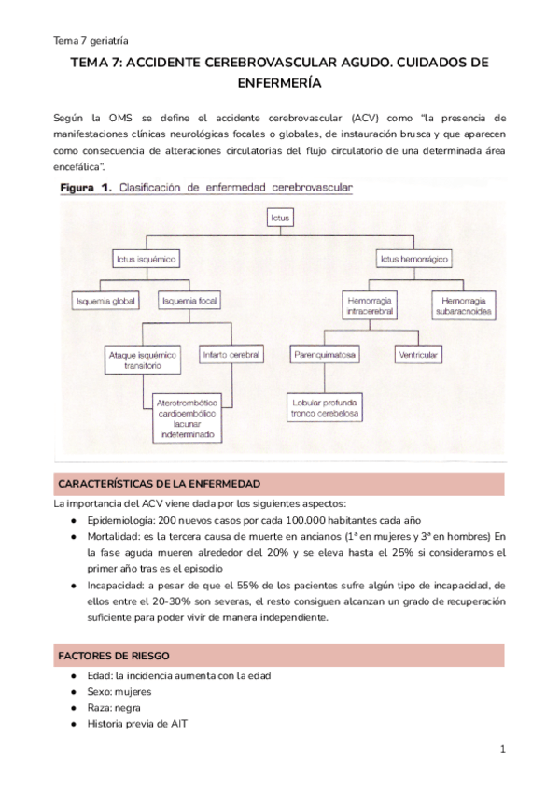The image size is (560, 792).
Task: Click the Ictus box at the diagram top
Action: coord(280,219)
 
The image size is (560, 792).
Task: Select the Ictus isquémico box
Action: coord(147,257)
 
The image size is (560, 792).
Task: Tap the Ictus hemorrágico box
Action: coord(412,257)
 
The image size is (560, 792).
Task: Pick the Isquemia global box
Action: coord(105,301)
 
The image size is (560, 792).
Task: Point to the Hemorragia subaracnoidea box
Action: coord(464,306)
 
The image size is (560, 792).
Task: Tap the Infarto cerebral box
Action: coord(231,355)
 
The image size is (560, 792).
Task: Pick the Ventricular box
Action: coord(418,355)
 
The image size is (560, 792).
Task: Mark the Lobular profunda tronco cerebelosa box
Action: coord(325,407)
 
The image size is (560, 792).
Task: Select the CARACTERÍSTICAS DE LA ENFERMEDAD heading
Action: coord(159,483)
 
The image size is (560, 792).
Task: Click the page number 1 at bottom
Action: coord(502,749)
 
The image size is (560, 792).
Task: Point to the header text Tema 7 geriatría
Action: coord(91,40)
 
